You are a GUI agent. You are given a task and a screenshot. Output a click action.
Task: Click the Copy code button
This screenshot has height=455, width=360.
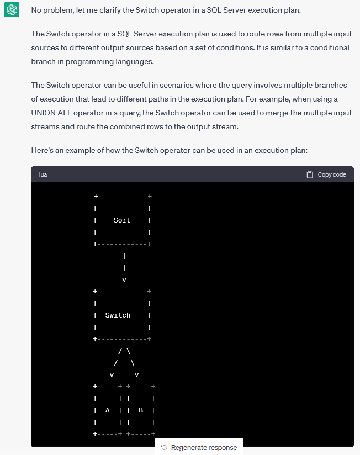click(326, 174)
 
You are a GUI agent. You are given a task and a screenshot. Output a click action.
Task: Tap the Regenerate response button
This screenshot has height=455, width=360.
click(199, 447)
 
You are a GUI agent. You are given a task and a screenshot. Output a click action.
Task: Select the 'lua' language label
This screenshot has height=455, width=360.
click(43, 174)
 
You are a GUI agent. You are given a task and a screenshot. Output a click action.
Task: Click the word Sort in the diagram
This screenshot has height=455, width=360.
click(121, 220)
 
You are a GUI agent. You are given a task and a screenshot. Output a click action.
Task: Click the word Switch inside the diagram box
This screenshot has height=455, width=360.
click(118, 315)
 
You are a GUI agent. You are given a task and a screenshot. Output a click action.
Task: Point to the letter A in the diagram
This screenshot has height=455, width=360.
click(108, 410)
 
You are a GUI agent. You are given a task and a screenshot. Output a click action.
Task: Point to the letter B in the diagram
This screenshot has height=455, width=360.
click(141, 410)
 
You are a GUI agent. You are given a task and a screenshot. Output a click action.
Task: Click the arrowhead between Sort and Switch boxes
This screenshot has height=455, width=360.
click(124, 280)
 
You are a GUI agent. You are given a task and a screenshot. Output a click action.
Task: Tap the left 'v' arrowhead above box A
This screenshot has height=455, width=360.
click(112, 375)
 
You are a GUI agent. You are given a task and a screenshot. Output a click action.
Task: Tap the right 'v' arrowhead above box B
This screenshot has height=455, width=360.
click(136, 375)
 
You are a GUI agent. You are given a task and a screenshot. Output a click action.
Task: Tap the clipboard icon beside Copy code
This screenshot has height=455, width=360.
click(310, 174)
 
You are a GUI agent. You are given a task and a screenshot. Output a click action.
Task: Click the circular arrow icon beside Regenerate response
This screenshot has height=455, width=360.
click(164, 447)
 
